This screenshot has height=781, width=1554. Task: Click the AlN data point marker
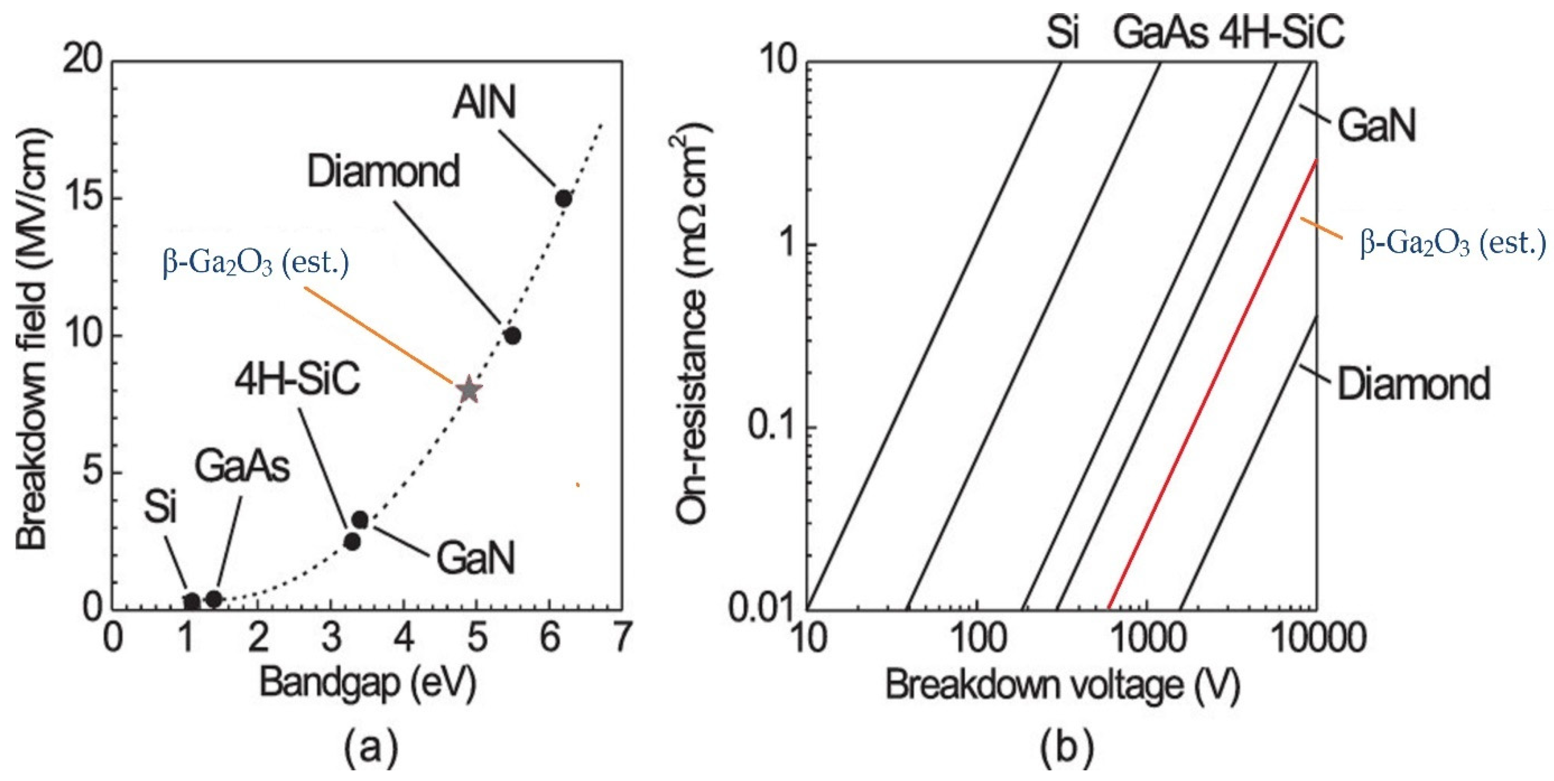563,198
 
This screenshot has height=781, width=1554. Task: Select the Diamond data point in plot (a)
512,336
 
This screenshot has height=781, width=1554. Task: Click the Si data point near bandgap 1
191,601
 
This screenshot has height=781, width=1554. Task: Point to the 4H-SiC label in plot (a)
297,380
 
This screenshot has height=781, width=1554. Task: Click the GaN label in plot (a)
476,558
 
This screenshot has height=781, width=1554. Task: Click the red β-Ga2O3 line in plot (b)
1213,386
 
